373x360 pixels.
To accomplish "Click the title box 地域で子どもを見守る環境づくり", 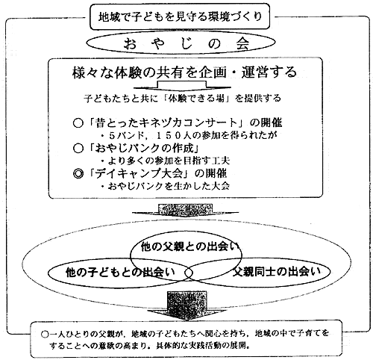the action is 180,16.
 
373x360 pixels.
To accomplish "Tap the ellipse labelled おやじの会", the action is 181,43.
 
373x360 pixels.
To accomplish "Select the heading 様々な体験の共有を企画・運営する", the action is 184,72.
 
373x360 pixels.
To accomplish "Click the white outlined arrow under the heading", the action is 182,86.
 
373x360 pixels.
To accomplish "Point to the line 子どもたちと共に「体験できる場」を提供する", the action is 182,99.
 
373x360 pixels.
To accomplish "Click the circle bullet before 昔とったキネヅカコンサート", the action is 78,123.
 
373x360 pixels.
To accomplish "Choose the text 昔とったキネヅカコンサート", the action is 166,122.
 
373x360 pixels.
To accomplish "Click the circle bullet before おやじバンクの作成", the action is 78,149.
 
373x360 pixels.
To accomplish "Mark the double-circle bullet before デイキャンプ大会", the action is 78,173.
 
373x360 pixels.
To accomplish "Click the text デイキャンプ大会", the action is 139,173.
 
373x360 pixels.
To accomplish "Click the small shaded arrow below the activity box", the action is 185,209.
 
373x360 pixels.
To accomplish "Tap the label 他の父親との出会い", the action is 189,247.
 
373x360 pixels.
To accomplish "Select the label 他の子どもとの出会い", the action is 120,272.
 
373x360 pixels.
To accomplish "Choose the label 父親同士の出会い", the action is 277,272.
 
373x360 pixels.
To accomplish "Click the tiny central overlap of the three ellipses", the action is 189,273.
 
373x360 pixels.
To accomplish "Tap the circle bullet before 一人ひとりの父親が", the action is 45,334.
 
